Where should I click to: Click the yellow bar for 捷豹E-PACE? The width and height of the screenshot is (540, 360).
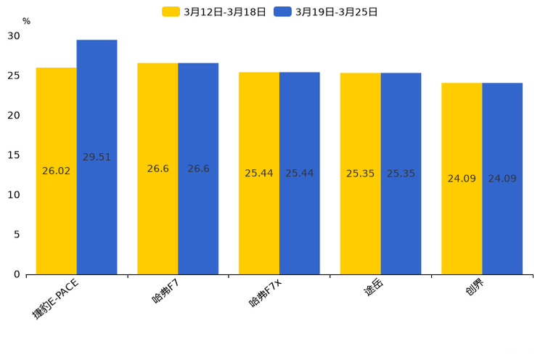pos(56,218)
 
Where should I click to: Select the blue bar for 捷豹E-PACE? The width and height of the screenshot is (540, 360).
pos(97,218)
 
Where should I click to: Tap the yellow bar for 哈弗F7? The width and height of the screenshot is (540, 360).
pos(157,218)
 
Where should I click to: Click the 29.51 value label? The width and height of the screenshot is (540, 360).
pos(97,157)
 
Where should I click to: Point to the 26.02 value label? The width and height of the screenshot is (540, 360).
pos(56,171)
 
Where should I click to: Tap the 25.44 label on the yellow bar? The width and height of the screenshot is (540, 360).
pos(258,173)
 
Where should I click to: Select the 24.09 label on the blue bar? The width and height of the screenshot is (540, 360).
pos(502,179)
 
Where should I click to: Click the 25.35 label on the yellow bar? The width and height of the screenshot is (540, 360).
pos(360,174)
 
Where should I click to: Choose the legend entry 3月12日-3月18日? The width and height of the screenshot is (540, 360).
pos(214,12)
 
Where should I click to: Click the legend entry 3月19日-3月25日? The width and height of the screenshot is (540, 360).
pos(326,12)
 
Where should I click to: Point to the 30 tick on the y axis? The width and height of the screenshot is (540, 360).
pos(14,36)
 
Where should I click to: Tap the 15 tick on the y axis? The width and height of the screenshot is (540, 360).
pos(14,155)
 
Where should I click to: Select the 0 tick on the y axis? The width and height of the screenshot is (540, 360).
pos(17,274)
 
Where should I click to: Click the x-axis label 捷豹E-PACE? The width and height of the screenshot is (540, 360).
pos(55,298)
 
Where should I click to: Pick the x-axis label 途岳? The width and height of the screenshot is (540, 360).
pos(373,288)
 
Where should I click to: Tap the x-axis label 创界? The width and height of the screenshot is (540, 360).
pos(475,288)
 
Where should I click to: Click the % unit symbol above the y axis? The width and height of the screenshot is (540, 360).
pos(26,21)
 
